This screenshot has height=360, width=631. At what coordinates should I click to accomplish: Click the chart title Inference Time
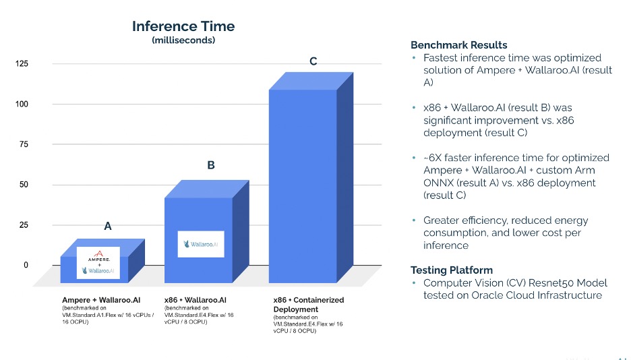point(183,26)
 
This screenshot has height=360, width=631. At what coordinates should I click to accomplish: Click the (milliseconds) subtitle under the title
point(183,40)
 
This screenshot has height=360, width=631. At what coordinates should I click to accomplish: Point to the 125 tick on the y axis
point(22,64)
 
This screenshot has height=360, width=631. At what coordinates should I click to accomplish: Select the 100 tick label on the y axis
point(22,104)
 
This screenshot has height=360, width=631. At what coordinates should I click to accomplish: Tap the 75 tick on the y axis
point(24,144)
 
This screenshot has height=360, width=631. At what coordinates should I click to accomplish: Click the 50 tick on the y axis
point(24,185)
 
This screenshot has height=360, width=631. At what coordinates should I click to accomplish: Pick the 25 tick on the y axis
point(24,225)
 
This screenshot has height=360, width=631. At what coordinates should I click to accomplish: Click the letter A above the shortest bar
point(107,227)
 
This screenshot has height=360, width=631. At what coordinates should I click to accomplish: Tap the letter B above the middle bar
point(211,164)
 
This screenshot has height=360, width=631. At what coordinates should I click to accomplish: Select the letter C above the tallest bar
point(313,61)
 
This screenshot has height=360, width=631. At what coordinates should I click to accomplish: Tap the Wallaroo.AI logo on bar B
point(201,244)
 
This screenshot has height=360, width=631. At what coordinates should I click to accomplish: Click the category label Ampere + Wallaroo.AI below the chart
point(100,299)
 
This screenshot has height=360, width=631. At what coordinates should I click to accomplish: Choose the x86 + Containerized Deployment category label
point(308,304)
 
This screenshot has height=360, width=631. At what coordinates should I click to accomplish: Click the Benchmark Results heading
point(458,45)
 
